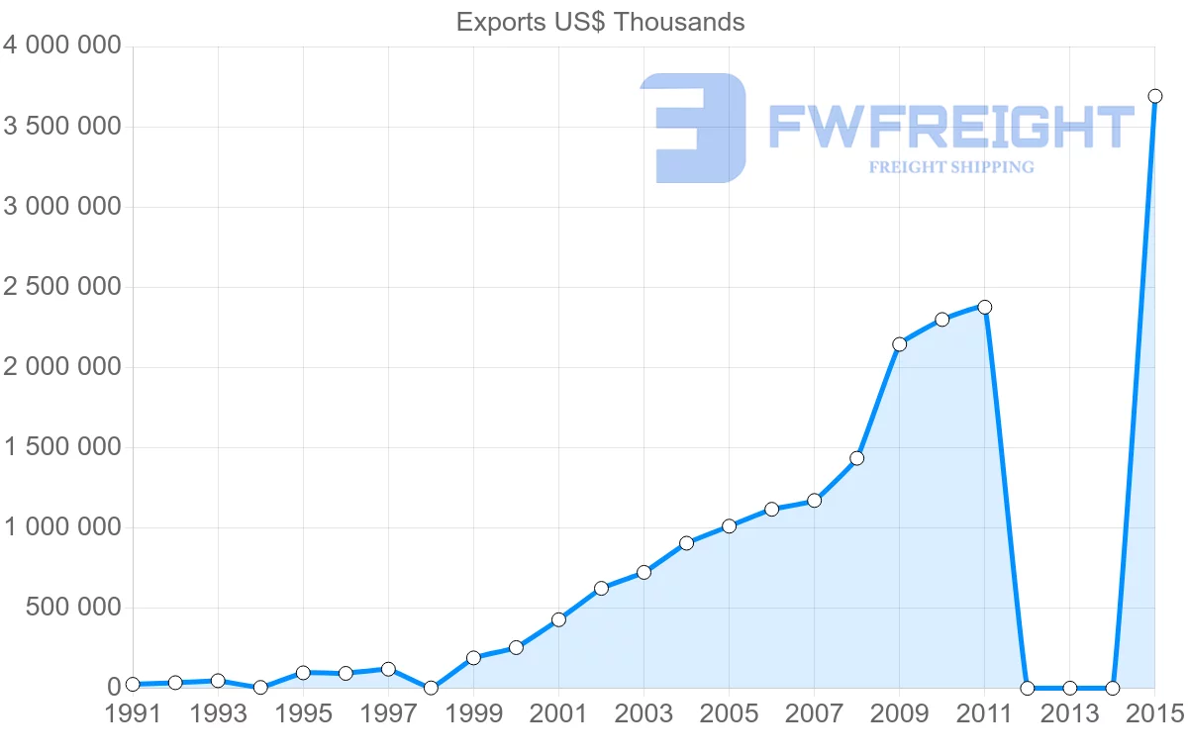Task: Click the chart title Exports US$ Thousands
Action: [600, 22]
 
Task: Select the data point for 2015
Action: [1154, 96]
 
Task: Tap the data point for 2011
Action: [984, 307]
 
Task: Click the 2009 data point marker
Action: [899, 344]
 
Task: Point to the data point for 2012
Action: [1027, 688]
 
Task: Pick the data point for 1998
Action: [431, 688]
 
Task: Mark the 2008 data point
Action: [856, 458]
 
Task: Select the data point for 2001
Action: [558, 619]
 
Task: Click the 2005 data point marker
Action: [729, 526]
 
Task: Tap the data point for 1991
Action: [133, 685]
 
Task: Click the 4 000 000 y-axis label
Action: [61, 47]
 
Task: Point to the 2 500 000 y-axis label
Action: [61, 287]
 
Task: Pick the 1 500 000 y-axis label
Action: [61, 447]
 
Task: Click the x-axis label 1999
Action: [473, 714]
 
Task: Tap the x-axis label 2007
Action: [814, 714]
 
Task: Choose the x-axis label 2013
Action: [1069, 714]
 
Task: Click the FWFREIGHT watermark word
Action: [950, 127]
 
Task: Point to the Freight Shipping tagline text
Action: [950, 167]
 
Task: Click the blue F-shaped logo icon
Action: [693, 128]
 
